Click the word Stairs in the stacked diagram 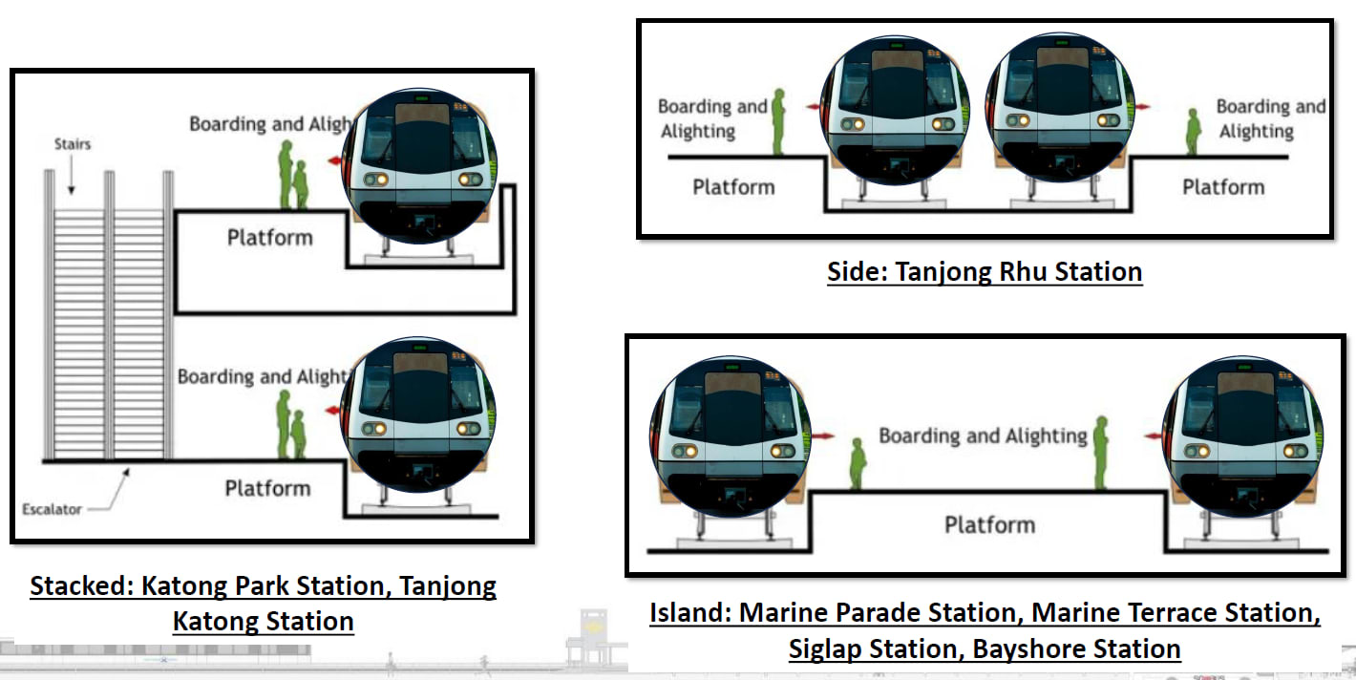click(72, 145)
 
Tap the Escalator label click(53, 510)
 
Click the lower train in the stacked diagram click(421, 415)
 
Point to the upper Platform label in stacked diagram click(269, 237)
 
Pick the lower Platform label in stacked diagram click(267, 489)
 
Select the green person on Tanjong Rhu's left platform click(778, 121)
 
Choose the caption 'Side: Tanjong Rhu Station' click(985, 272)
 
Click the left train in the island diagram click(731, 436)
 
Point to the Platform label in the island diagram click(989, 525)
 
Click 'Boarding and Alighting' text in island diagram click(983, 436)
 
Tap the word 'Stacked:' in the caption click(81, 585)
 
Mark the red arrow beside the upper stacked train click(335, 161)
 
